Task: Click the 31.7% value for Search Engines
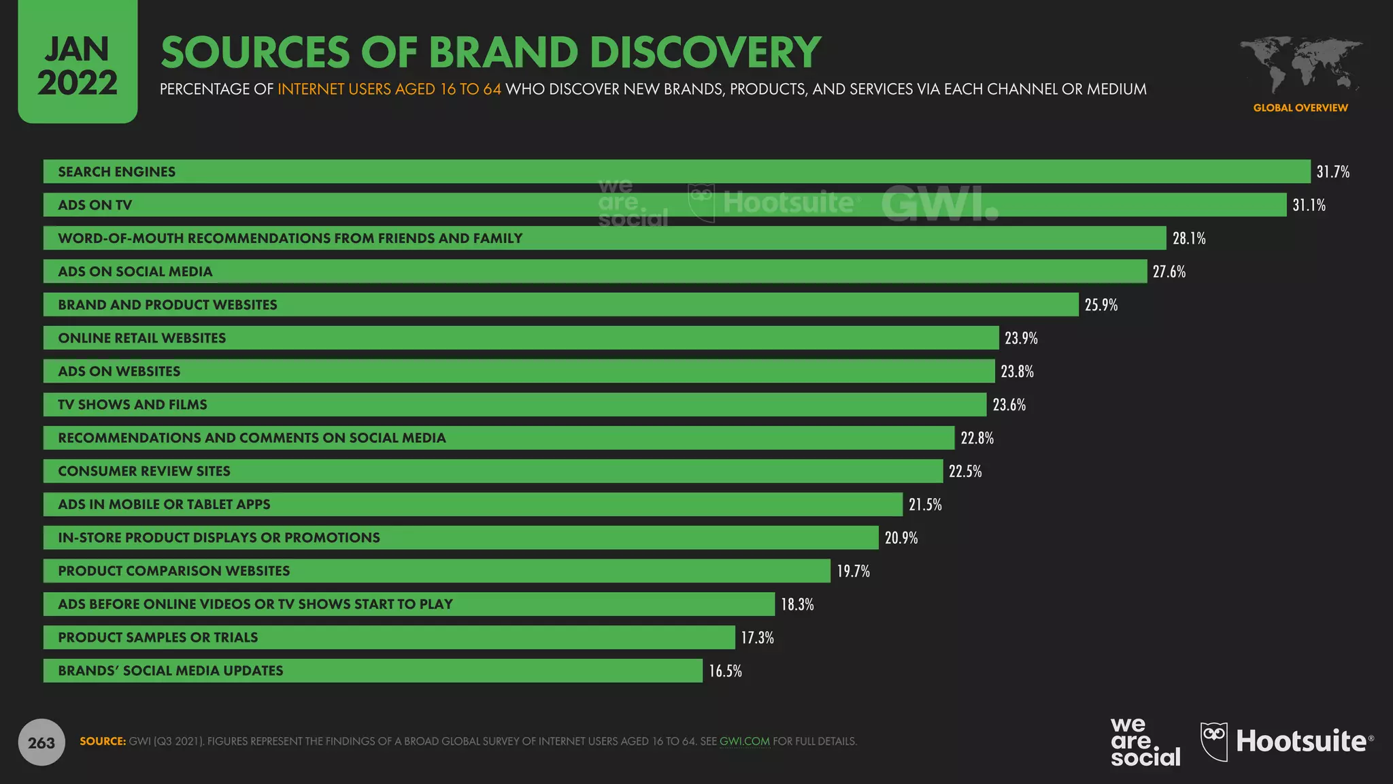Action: [1332, 171]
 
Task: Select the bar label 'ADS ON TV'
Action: [95, 205]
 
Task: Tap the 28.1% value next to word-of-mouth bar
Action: [1188, 238]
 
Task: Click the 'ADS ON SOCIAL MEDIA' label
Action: [135, 272]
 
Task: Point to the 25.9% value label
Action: [1101, 305]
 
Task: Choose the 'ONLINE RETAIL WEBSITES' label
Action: [141, 338]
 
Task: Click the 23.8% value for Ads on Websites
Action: [1017, 372]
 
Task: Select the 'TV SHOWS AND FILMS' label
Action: [132, 405]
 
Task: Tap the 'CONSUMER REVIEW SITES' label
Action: [144, 471]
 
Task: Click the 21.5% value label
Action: [925, 504]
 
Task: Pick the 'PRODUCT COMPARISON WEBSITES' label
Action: [173, 571]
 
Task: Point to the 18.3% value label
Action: [796, 604]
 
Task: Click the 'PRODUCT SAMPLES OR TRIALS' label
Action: [158, 638]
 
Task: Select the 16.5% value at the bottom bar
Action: [725, 671]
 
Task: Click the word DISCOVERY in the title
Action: [705, 52]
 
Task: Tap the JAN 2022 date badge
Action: [78, 65]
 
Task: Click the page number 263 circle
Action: [41, 742]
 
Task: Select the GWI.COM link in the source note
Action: [744, 741]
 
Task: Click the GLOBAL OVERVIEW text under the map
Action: [1300, 108]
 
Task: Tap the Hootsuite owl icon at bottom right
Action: [1214, 740]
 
